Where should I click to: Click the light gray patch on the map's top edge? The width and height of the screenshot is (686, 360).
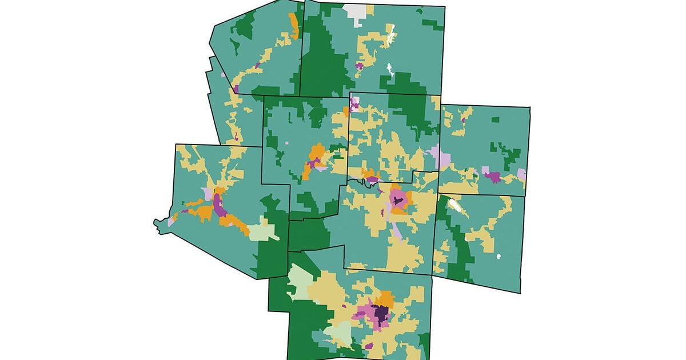pyautogui.click(x=355, y=14)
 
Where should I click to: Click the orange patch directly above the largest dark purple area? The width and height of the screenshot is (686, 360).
pyautogui.click(x=386, y=299)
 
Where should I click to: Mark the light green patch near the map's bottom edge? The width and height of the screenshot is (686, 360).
pyautogui.click(x=337, y=333)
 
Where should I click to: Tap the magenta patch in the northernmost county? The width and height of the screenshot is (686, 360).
pyautogui.click(x=359, y=67)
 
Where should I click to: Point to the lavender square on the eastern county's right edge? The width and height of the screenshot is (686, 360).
pyautogui.click(x=521, y=174)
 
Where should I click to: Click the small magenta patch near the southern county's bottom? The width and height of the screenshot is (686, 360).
pyautogui.click(x=369, y=346)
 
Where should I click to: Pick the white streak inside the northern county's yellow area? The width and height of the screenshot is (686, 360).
pyautogui.click(x=390, y=38)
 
